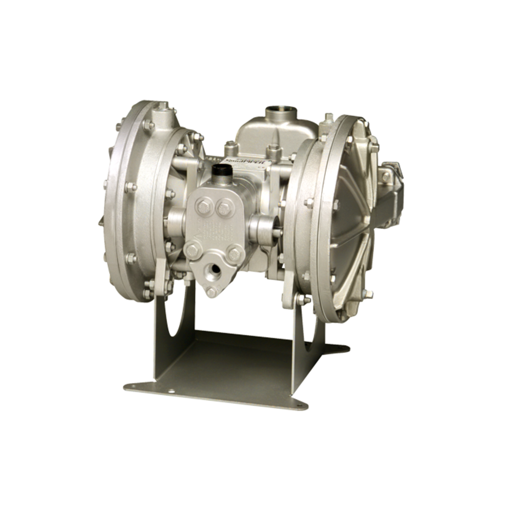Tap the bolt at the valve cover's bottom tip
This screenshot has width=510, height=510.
(210, 291)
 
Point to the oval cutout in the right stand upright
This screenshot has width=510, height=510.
(310, 326)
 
